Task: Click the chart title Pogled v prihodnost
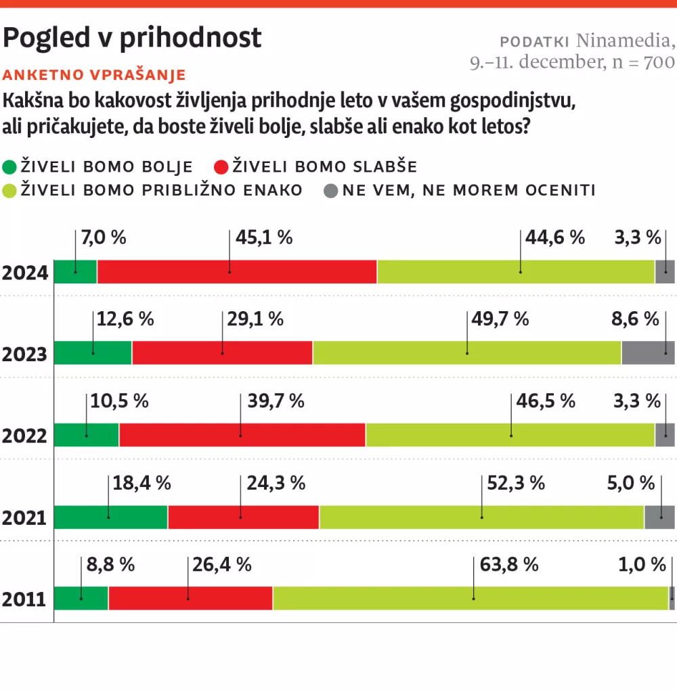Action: (x=132, y=38)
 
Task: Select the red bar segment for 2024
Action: (x=237, y=271)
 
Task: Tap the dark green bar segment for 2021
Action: (x=110, y=517)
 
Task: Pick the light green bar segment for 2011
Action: (x=471, y=599)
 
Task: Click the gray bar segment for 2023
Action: (x=648, y=353)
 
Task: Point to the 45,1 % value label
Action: (x=264, y=237)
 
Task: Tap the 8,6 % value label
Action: (x=635, y=319)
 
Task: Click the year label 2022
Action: (x=24, y=436)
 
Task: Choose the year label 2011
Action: (x=24, y=600)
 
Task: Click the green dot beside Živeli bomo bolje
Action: (x=10, y=167)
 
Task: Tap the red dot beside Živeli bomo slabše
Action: (x=221, y=167)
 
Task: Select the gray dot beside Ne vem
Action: (x=330, y=191)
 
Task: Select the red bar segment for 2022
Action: (x=242, y=435)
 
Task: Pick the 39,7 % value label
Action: (x=276, y=401)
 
